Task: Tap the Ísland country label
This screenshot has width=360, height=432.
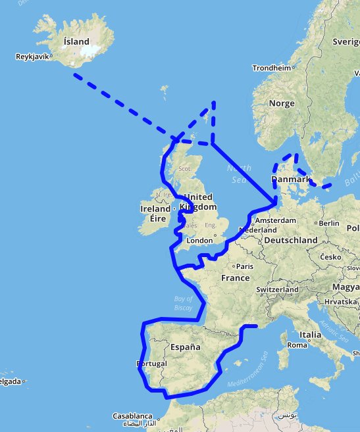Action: point(76,41)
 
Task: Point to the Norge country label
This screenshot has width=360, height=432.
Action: point(282,103)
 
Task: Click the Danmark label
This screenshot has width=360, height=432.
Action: point(290,180)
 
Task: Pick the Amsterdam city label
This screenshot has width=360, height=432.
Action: point(272,220)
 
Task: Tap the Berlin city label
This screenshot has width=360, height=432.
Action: point(328,223)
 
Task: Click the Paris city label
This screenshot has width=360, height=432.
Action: point(245,266)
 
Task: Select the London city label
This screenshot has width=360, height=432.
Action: point(200,241)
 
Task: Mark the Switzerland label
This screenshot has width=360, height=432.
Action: point(278,289)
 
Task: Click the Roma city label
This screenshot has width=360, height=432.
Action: point(298,345)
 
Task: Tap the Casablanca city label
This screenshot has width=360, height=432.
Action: point(132,416)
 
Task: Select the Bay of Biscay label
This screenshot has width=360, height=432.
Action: point(183,303)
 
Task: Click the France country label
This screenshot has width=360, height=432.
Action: point(235,277)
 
